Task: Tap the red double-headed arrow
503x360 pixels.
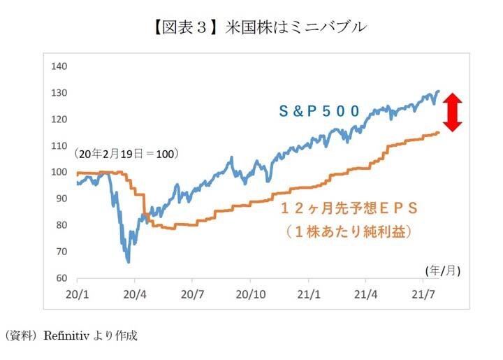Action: pyautogui.click(x=453, y=112)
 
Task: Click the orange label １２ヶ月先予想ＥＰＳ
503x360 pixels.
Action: pyautogui.click(x=349, y=208)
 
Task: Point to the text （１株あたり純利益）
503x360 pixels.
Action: pyautogui.click(x=349, y=230)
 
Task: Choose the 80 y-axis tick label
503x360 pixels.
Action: pyautogui.click(x=62, y=225)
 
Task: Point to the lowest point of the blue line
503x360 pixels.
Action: pyautogui.click(x=129, y=262)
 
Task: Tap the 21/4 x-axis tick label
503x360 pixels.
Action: pyautogui.click(x=369, y=292)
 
